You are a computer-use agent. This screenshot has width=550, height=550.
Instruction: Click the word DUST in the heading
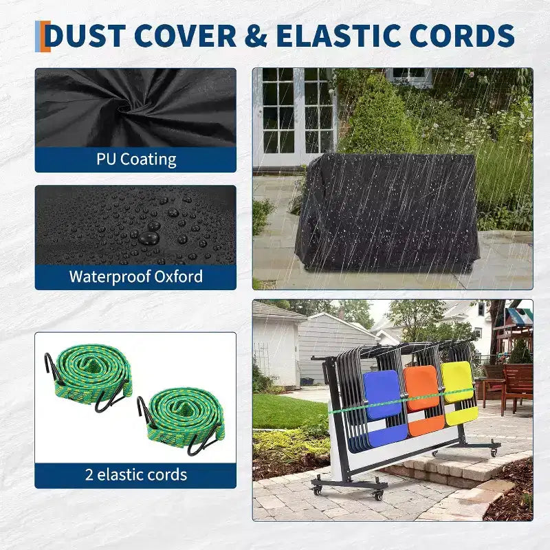point(85,36)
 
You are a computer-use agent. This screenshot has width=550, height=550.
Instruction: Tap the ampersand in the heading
point(256,36)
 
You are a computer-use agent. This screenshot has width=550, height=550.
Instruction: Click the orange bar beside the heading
point(45,36)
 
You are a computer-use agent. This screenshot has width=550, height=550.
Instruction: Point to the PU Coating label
point(136,159)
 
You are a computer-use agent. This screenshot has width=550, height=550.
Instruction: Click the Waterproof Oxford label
point(136,276)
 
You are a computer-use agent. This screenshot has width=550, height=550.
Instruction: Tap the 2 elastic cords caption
point(136,474)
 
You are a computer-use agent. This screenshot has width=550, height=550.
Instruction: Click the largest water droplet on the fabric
point(149,239)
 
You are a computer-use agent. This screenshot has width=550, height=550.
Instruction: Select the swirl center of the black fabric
point(124,105)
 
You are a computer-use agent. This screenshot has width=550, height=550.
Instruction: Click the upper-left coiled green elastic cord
point(88,375)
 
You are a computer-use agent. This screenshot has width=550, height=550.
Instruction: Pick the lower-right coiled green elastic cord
point(182,419)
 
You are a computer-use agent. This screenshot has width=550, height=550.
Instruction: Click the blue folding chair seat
point(382,395)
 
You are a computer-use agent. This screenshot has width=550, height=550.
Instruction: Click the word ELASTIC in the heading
point(338,36)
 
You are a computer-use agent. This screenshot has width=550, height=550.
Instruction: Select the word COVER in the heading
point(185,36)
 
